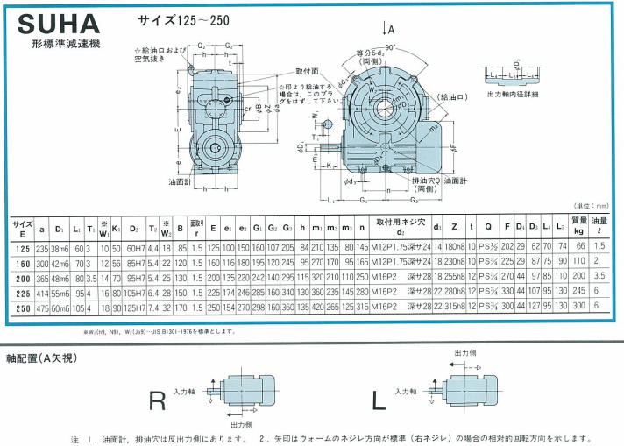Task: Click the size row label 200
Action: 23,276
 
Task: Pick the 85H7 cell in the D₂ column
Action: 137,261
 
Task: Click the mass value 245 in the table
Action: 578,292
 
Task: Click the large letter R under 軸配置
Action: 158,400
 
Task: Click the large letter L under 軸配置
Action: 379,400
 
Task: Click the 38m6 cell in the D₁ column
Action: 60,247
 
